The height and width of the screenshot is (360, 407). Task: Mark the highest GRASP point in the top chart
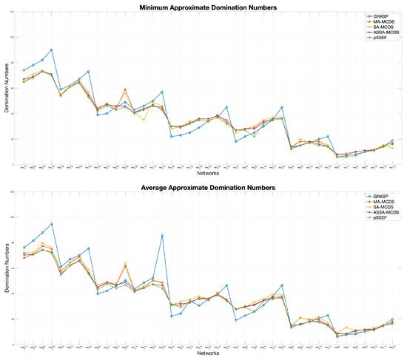click(52, 50)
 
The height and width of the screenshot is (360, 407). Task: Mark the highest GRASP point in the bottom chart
click(52, 224)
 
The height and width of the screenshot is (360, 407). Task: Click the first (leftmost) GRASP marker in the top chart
click(24, 70)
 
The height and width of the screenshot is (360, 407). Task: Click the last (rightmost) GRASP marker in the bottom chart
click(392, 319)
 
